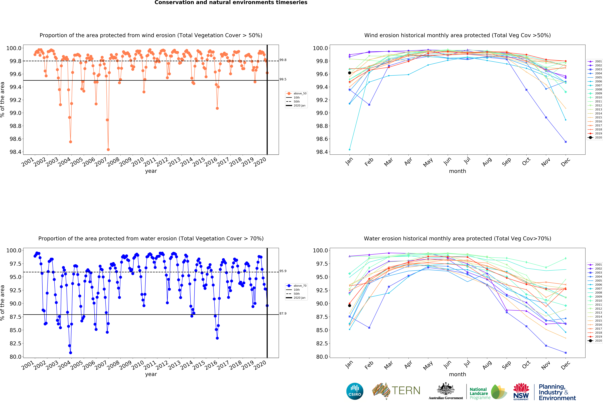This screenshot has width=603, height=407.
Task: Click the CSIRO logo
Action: (355, 391)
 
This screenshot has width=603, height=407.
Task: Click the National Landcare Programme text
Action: (480, 393)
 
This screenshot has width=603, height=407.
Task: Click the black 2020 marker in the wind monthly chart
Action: (350, 73)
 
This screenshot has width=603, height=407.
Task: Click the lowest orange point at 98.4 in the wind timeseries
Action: (108, 150)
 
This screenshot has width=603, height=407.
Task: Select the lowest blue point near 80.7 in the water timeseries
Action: (71, 353)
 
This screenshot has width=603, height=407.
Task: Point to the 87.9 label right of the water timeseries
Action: (283, 313)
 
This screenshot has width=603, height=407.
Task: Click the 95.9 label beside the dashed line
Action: (283, 271)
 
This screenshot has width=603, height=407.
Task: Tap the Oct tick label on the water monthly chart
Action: (526, 365)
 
